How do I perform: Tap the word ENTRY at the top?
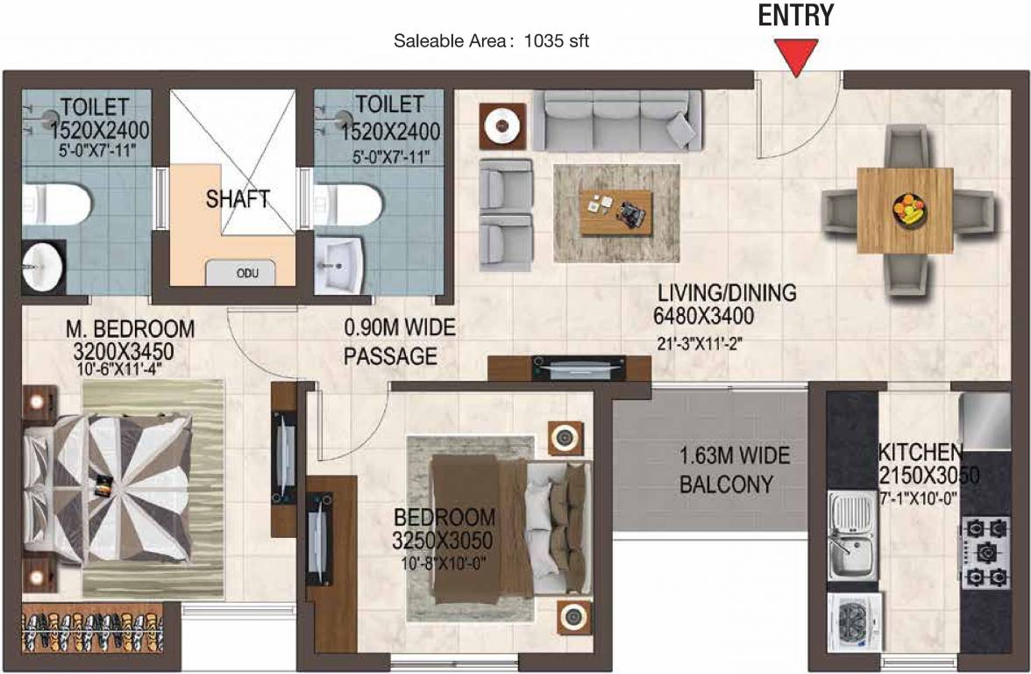pos(796,16)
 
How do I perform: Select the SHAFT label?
pos(238,198)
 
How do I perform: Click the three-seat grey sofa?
pos(617,120)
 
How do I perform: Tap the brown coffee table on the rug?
pos(616,212)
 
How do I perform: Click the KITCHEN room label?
pos(921,452)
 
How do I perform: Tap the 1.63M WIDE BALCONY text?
pos(734,470)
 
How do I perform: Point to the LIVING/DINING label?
pos(727,292)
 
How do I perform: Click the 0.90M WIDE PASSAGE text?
pos(399,341)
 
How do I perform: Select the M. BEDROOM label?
pos(130,328)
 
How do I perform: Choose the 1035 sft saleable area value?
pos(556,40)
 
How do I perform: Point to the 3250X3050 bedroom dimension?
pos(442,541)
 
